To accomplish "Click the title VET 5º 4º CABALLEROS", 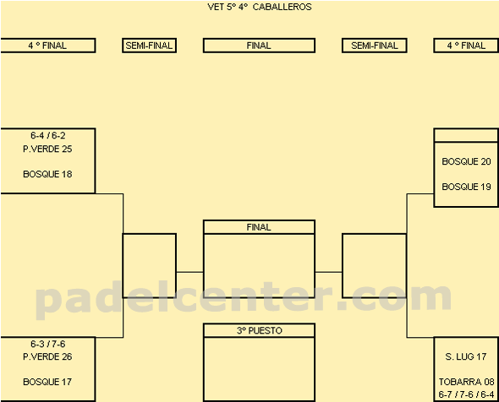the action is pos(260,7).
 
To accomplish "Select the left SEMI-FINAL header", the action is pos(149,46).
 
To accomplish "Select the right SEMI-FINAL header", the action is pos(375,46).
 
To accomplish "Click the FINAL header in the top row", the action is pos(259,46).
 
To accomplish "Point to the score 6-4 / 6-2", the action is pos(48,135).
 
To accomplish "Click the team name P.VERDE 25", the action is pos(47,149).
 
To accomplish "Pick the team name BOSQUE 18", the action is pos(47,174).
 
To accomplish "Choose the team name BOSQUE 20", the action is pos(466,161).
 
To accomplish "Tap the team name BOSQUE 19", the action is pos(466,187).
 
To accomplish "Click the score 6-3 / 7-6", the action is pos(48,344).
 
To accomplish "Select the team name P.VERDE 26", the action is pos(47,356).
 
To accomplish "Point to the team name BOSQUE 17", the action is pos(47,382).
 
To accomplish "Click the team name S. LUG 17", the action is pos(466,356).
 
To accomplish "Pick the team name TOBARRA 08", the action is pos(466,382).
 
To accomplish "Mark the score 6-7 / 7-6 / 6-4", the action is pos(466,394).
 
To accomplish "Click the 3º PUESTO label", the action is pos(260,330).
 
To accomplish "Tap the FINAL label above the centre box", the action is pos(259,227).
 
